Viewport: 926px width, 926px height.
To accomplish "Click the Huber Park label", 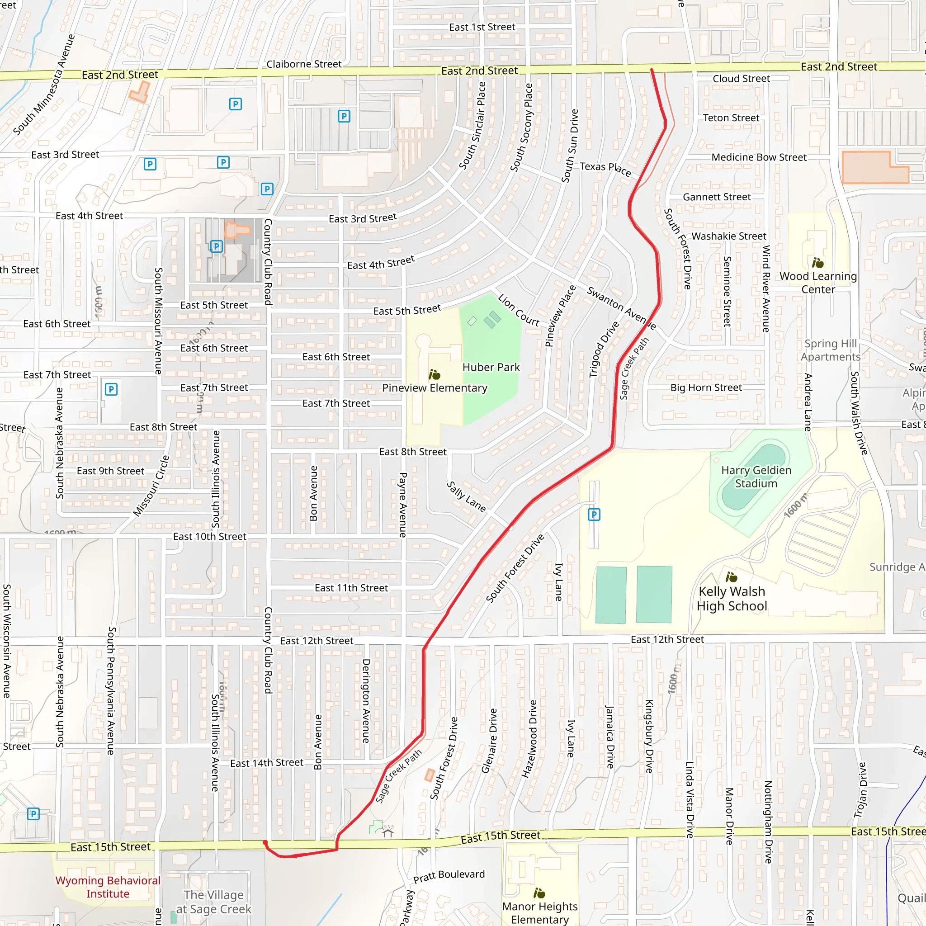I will click(491, 367).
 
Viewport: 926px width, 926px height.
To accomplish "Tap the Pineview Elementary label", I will click(434, 388).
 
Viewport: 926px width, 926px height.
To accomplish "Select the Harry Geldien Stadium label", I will click(756, 477).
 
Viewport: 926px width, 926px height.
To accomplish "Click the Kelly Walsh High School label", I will click(732, 599).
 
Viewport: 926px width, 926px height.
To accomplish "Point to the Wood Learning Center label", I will click(817, 283).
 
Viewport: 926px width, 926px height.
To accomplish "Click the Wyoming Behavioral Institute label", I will click(108, 887).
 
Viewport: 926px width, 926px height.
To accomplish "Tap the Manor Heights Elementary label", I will click(540, 912).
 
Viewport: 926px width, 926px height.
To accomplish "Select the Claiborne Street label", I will click(304, 64).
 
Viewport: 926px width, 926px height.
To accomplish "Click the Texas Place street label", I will click(605, 168).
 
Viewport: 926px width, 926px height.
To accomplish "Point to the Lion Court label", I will click(518, 310).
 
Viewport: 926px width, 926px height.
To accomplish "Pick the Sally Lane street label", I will click(466, 496).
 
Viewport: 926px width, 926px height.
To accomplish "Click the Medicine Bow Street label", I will click(759, 157).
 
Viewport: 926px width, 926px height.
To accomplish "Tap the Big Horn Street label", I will click(705, 387).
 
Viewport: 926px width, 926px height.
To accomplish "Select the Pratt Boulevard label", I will click(449, 875).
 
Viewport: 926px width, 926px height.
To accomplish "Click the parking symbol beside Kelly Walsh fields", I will click(594, 515).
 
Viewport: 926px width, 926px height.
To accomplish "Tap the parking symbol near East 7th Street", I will click(111, 389).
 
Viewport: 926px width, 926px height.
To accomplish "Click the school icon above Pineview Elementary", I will click(434, 374).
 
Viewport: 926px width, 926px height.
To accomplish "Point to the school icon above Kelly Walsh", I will click(731, 576).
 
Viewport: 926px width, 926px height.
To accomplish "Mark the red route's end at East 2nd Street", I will click(652, 70).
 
